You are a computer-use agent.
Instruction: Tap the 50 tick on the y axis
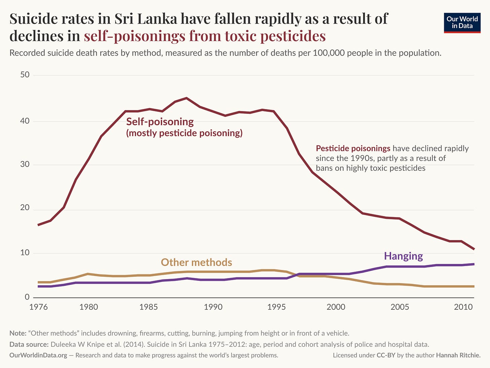click(x=25, y=75)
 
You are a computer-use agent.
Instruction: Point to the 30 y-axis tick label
click(x=25, y=164)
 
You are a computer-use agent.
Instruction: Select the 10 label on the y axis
click(x=25, y=253)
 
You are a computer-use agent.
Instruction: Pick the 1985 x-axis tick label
click(x=148, y=307)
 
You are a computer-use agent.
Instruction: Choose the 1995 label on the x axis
click(x=276, y=307)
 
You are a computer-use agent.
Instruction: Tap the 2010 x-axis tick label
click(x=463, y=307)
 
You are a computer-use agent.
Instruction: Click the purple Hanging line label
click(x=403, y=256)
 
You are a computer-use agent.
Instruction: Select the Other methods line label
click(x=196, y=262)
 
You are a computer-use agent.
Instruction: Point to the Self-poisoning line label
click(x=160, y=122)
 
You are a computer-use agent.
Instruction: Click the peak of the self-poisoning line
click(x=187, y=98)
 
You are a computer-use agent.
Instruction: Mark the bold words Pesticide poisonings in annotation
click(x=353, y=148)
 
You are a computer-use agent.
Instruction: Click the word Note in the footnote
click(x=17, y=333)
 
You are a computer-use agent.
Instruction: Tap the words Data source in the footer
click(x=29, y=344)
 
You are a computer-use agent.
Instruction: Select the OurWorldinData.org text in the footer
click(x=38, y=355)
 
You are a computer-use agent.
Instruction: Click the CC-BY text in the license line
click(x=386, y=355)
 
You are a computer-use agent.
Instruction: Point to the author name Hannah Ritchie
click(x=458, y=355)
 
